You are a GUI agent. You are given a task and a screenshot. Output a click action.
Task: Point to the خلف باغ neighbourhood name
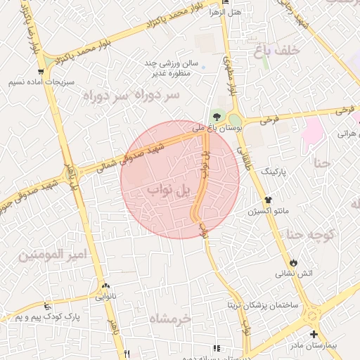298,51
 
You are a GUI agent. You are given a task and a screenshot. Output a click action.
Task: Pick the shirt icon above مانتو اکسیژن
268,200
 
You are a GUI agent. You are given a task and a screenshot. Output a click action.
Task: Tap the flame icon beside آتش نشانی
293,261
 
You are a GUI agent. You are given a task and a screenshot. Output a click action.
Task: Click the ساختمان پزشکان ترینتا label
262,306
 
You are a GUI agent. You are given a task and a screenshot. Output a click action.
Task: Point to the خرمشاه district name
169,319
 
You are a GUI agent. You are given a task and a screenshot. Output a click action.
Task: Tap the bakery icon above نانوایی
106,285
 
